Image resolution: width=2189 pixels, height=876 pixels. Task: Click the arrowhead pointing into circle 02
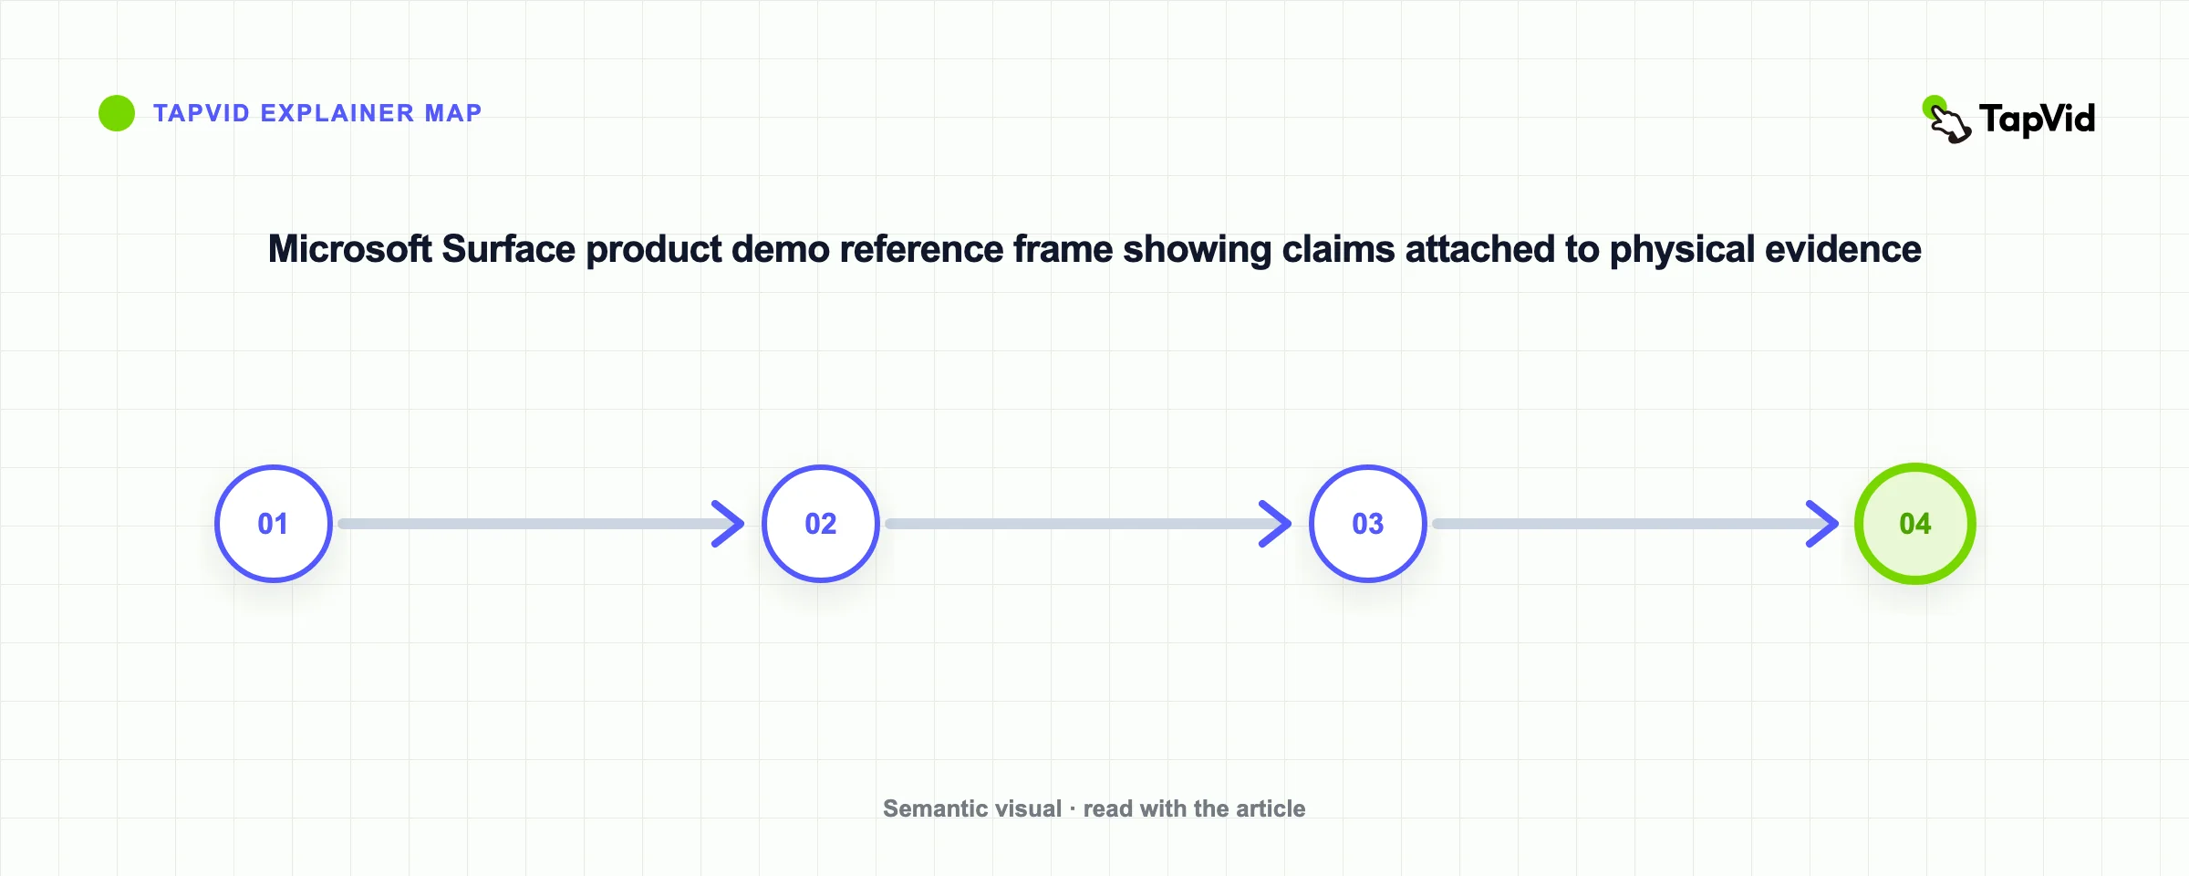pos(730,524)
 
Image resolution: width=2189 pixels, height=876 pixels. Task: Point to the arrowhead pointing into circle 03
pos(1277,524)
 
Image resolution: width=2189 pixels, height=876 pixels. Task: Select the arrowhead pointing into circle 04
pos(1824,524)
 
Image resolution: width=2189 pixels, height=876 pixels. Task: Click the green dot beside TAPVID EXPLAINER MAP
pos(117,113)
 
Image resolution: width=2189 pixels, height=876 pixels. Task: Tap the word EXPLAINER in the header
pos(337,113)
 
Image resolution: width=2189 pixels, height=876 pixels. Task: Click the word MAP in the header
pos(453,113)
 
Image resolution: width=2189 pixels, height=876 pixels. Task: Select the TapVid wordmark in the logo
pos(2038,120)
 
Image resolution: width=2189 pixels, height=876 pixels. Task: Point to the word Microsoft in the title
pos(350,249)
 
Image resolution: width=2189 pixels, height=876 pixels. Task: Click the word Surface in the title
pos(509,249)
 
